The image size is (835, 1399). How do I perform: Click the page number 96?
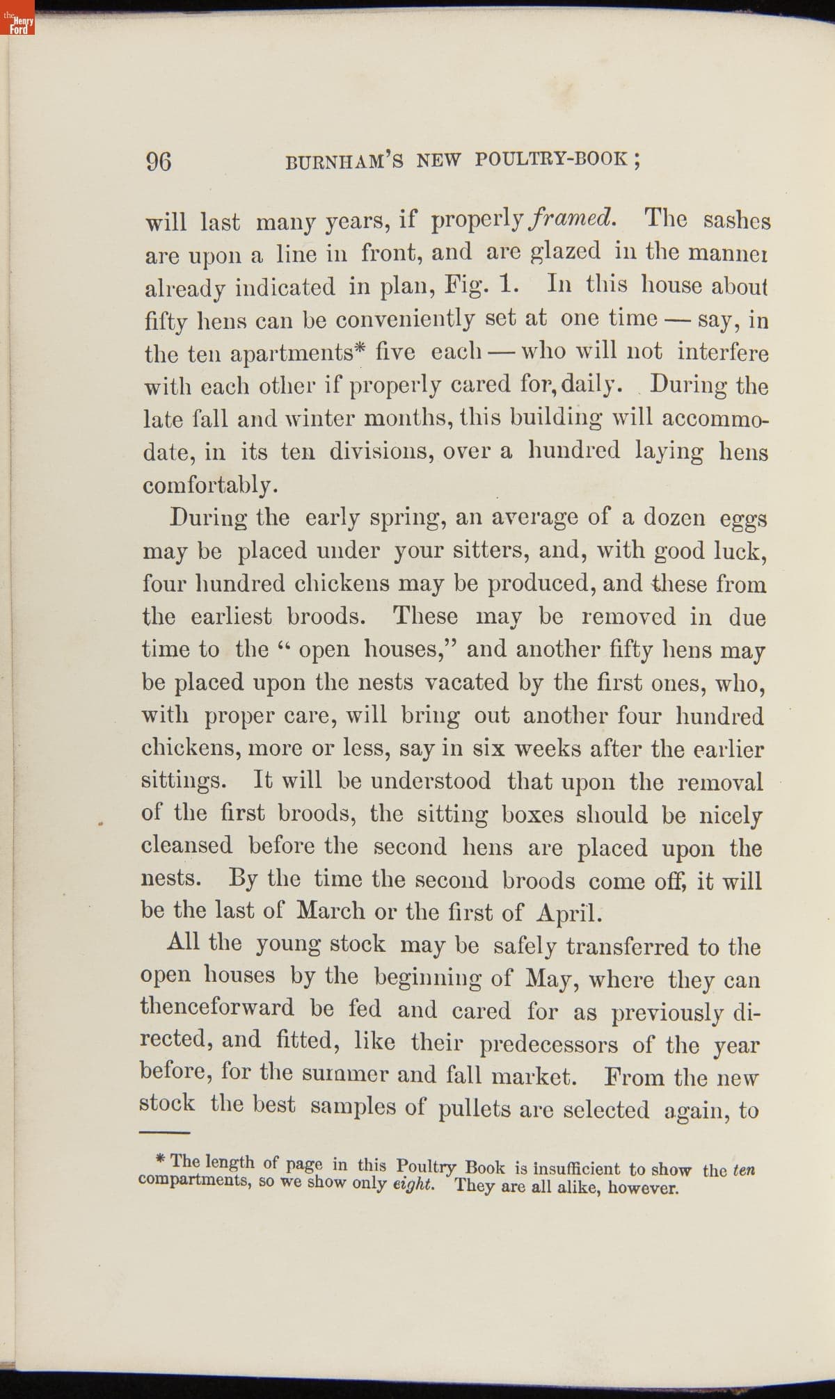(x=158, y=161)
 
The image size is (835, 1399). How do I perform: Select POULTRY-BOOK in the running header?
(x=553, y=159)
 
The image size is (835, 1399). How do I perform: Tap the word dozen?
(x=673, y=517)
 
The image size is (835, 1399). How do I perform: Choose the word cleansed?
(x=186, y=846)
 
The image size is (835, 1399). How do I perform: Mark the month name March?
(x=333, y=911)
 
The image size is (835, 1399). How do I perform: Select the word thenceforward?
(x=217, y=1008)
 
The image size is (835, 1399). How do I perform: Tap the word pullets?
(x=475, y=1109)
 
